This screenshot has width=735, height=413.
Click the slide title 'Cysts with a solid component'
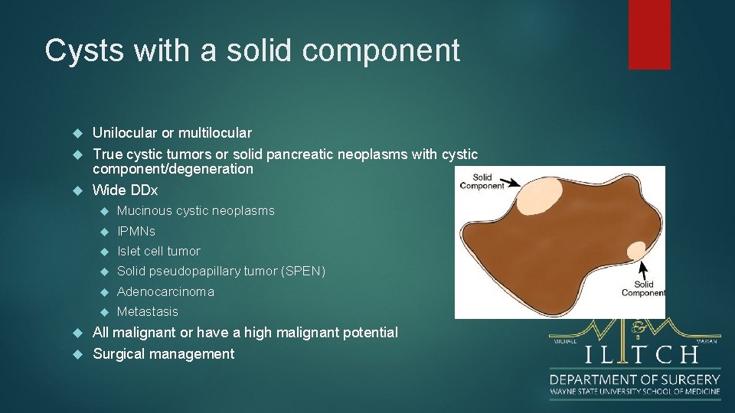point(253,50)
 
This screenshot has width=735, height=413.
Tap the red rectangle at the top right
point(649,34)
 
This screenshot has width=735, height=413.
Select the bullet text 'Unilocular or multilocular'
point(171,133)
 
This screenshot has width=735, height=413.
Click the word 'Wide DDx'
point(125,190)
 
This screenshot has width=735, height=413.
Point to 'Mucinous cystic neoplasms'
point(195,210)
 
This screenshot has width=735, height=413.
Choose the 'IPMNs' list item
point(136,231)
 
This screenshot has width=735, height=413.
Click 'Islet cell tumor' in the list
point(158,251)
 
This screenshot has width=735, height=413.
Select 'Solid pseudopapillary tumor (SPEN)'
point(220,272)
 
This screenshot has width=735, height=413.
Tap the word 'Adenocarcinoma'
point(165,291)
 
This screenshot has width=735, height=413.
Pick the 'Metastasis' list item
point(147,311)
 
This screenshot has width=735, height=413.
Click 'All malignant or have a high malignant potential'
point(245,333)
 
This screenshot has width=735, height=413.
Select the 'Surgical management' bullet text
point(163,354)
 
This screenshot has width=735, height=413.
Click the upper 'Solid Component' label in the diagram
point(482,180)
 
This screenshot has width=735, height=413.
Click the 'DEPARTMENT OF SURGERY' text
point(635,379)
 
